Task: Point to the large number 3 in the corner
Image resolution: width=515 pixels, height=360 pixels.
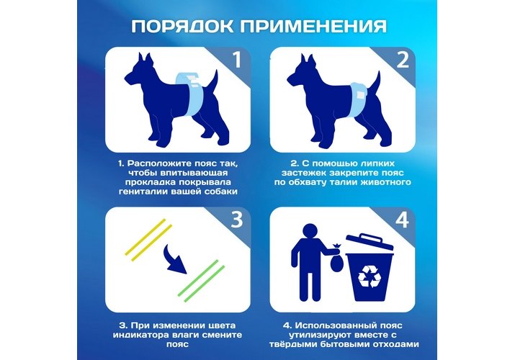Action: tap(237, 219)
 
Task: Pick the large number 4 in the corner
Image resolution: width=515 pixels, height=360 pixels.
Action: tap(402, 219)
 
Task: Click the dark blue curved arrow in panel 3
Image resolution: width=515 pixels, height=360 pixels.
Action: tap(176, 260)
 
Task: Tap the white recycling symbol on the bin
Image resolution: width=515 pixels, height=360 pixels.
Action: tap(370, 276)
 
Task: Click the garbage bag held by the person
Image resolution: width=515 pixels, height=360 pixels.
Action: tap(336, 258)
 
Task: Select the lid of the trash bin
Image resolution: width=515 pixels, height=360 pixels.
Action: tap(370, 242)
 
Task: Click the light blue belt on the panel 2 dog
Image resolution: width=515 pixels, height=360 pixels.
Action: tap(358, 99)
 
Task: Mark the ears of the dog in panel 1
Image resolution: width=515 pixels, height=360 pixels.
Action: tap(145, 59)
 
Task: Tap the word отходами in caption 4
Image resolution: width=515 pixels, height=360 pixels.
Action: tap(393, 345)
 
